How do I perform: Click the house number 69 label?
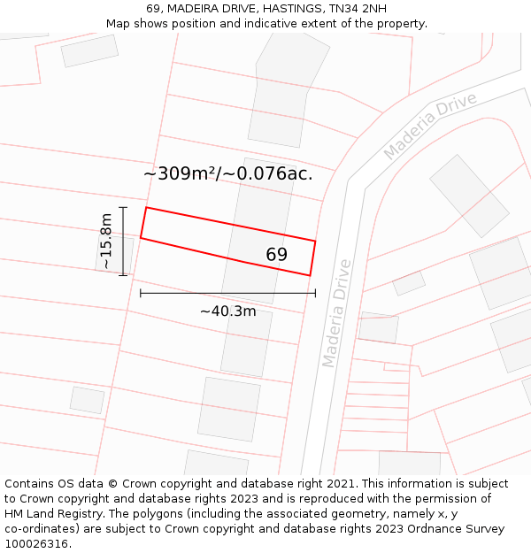point(276,255)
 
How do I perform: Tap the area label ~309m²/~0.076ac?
point(228,173)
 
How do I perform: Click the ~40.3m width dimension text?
point(227,311)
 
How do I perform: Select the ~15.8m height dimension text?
point(105,241)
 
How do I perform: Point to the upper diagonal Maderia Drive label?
point(430,125)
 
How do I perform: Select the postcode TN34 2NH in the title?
point(363,9)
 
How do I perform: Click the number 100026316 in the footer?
point(36,544)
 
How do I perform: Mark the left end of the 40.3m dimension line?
point(141,292)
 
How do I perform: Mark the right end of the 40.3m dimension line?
point(315,292)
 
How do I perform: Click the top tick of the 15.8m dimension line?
point(123,207)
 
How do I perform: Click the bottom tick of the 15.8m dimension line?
point(123,275)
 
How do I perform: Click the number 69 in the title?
point(153,9)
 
